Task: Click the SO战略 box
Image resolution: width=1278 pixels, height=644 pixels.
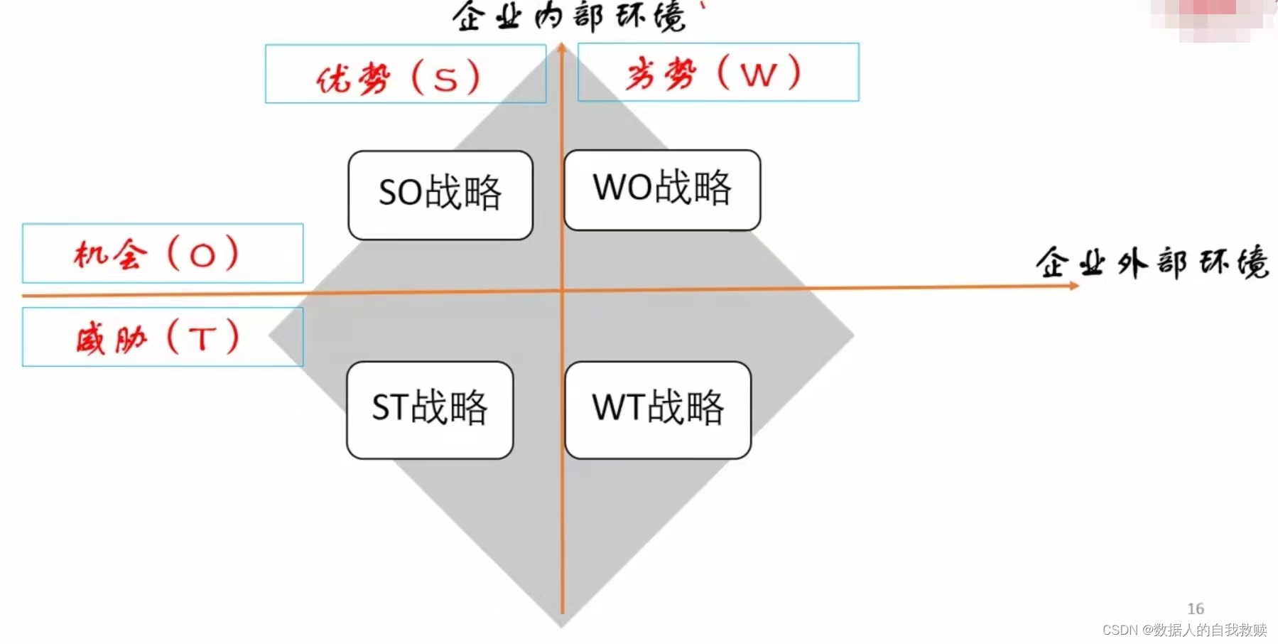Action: (440, 195)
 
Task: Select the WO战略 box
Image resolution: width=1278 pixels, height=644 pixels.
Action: (662, 190)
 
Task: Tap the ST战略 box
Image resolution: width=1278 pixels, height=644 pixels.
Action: (430, 410)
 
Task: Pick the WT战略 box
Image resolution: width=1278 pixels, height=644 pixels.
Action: (658, 410)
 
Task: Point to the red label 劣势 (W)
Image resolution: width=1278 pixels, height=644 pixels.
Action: (713, 73)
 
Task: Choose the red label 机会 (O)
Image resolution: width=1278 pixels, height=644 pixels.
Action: (156, 254)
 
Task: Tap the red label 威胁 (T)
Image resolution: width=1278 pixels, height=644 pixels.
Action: (158, 337)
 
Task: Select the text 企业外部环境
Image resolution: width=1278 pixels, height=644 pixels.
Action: (1152, 263)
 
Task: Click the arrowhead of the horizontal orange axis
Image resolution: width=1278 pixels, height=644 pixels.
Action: (1074, 286)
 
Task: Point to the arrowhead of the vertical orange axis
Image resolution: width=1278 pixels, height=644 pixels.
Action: (561, 48)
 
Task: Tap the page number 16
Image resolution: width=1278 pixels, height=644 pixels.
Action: (1196, 608)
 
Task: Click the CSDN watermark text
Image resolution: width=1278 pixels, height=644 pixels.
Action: (1184, 630)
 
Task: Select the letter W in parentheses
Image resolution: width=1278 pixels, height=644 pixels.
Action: (759, 75)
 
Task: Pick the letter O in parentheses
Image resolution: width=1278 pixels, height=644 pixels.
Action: (202, 255)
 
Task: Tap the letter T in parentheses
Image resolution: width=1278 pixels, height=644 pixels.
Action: (203, 339)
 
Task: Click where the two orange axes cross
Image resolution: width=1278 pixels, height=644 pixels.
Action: (562, 290)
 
